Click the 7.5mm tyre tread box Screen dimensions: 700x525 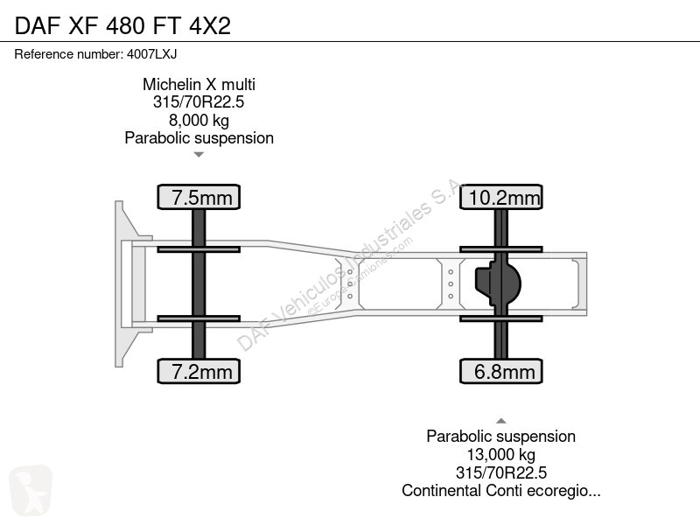click(x=199, y=197)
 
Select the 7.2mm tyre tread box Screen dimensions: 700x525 click(x=199, y=371)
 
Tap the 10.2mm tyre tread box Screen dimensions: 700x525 click(x=501, y=197)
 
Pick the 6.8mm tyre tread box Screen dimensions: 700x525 click(x=501, y=371)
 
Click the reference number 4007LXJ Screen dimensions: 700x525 click(x=151, y=54)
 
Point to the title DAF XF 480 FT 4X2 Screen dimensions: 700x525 click(x=122, y=25)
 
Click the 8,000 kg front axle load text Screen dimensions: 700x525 click(x=199, y=120)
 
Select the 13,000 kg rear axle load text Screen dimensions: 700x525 click(x=500, y=454)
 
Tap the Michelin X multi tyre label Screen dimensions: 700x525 click(x=199, y=84)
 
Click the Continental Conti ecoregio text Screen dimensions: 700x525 click(x=500, y=490)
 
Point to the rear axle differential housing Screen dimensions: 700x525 click(x=498, y=283)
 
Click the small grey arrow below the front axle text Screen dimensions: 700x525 click(x=199, y=155)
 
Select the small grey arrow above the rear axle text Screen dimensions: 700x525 click(x=501, y=421)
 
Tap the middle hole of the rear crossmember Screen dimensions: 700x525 click(x=451, y=283)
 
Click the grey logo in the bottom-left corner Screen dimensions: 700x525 click(x=31, y=490)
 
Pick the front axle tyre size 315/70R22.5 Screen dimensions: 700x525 click(x=199, y=101)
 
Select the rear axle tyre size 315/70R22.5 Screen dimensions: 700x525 click(x=500, y=472)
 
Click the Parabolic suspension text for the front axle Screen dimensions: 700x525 click(x=199, y=138)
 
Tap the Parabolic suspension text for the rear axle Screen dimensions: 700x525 click(x=500, y=436)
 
